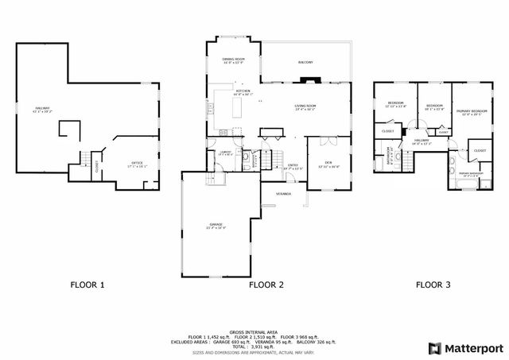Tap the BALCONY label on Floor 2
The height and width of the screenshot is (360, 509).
305,62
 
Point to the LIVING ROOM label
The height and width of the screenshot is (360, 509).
305,106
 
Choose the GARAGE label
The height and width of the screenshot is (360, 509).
216,226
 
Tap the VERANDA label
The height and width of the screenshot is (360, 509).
283,193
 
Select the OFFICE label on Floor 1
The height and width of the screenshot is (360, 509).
137,164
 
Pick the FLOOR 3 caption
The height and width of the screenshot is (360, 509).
433,284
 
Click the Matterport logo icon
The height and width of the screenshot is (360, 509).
433,347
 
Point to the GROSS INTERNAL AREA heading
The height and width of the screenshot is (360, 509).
254,331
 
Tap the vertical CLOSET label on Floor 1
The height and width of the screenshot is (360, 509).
96,167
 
